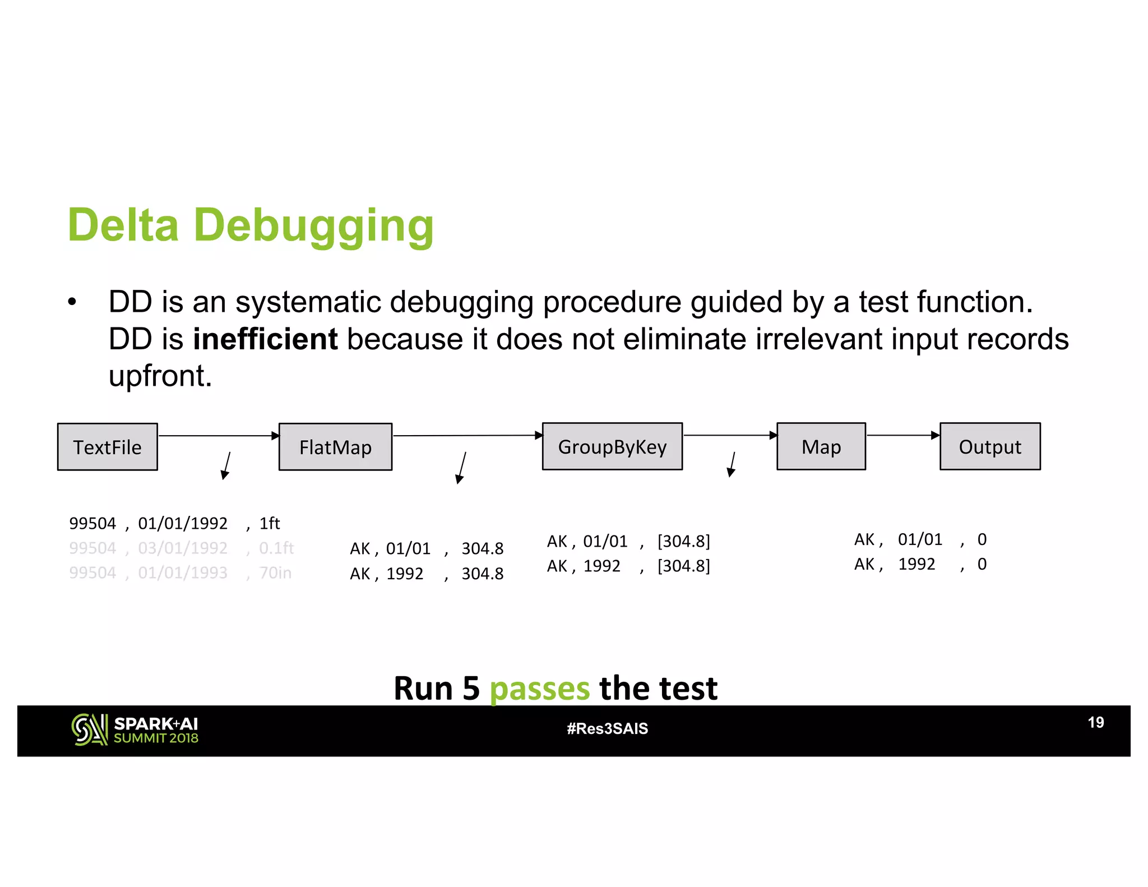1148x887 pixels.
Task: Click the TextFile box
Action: pos(107,447)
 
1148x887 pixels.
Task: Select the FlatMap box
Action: pos(335,447)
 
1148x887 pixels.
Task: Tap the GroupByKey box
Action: pos(612,446)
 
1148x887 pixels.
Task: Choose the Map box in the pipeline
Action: pos(821,446)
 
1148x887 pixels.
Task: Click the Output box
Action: pos(990,446)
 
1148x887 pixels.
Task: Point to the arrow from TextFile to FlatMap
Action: pos(219,436)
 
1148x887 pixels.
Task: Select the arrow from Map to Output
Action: pos(902,435)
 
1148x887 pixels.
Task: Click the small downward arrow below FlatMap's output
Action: pos(461,468)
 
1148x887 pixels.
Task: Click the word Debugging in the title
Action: pos(313,225)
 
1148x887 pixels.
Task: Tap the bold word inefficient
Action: pos(265,339)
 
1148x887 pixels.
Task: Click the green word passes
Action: pos(539,689)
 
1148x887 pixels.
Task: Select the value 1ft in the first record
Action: pos(269,523)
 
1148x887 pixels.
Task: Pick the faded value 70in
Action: pos(275,572)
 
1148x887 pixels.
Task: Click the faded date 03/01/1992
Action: pos(183,548)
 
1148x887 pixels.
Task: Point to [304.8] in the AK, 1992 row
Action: pos(683,566)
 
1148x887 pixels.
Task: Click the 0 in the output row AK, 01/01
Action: pos(982,539)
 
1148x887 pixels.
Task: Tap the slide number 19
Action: pos(1095,722)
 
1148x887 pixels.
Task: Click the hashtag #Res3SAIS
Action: pos(607,728)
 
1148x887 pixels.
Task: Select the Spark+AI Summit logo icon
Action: pos(89,729)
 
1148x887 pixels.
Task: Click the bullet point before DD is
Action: pos(72,302)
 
